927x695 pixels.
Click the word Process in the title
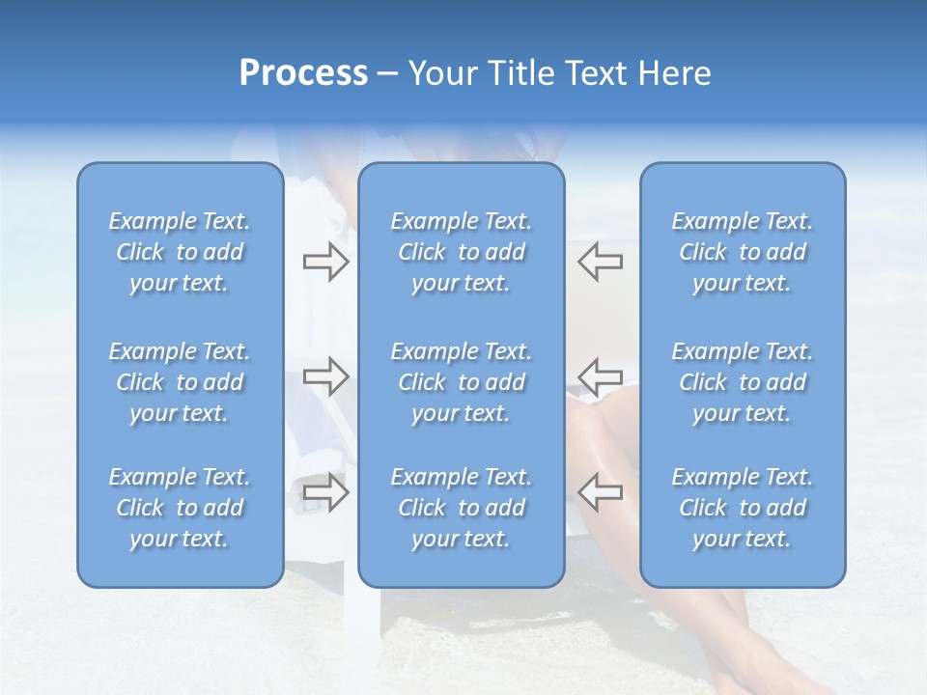point(303,73)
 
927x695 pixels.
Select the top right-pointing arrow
point(325,262)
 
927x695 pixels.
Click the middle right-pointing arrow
point(325,376)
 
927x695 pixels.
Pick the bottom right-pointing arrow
point(325,492)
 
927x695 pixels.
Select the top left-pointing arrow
point(601,262)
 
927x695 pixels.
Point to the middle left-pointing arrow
point(601,376)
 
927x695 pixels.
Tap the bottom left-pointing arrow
point(601,492)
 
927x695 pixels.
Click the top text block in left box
point(180,252)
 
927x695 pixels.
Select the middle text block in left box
point(180,382)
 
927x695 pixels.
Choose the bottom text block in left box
point(180,508)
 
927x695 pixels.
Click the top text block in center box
point(462,252)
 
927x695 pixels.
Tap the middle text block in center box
point(462,382)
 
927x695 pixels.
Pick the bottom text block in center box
point(462,508)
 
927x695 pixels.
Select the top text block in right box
point(743,252)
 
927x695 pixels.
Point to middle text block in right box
point(743,382)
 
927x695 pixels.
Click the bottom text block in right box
point(743,508)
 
